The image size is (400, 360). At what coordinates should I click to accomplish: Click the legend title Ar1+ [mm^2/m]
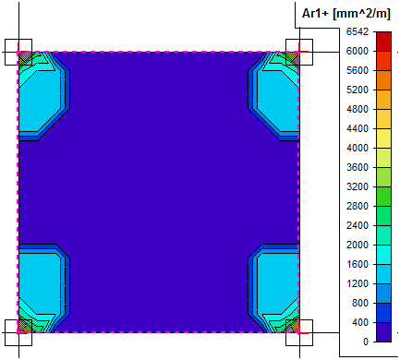[x=346, y=14]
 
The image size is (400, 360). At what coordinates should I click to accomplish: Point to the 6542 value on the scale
[x=358, y=31]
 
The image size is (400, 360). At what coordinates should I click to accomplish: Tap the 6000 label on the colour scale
[x=358, y=51]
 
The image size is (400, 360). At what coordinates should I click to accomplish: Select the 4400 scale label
[x=358, y=128]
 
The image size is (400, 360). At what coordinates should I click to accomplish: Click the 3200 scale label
[x=358, y=186]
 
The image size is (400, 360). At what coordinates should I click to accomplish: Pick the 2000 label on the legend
[x=358, y=245]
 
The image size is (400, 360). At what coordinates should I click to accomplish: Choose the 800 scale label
[x=360, y=303]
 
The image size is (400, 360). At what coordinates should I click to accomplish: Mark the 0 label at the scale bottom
[x=366, y=342]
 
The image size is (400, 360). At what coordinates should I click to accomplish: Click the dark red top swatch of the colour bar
[x=383, y=42]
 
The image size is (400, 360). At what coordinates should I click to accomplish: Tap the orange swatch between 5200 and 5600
[x=383, y=80]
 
